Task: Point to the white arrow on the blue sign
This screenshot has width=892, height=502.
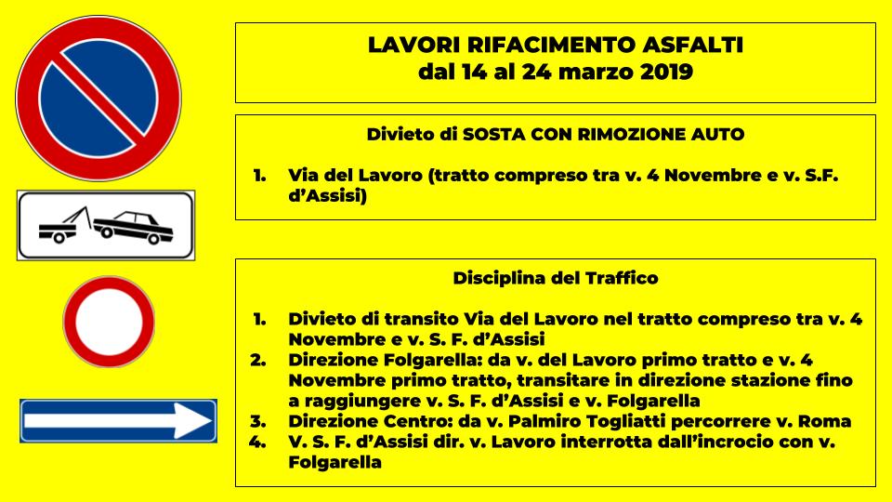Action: tap(119, 420)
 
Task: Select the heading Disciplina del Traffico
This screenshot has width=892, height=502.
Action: tap(556, 278)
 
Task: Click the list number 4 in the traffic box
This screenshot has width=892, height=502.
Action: tap(259, 442)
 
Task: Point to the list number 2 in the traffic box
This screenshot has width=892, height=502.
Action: tap(259, 360)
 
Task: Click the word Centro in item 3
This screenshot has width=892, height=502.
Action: tap(408, 421)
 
